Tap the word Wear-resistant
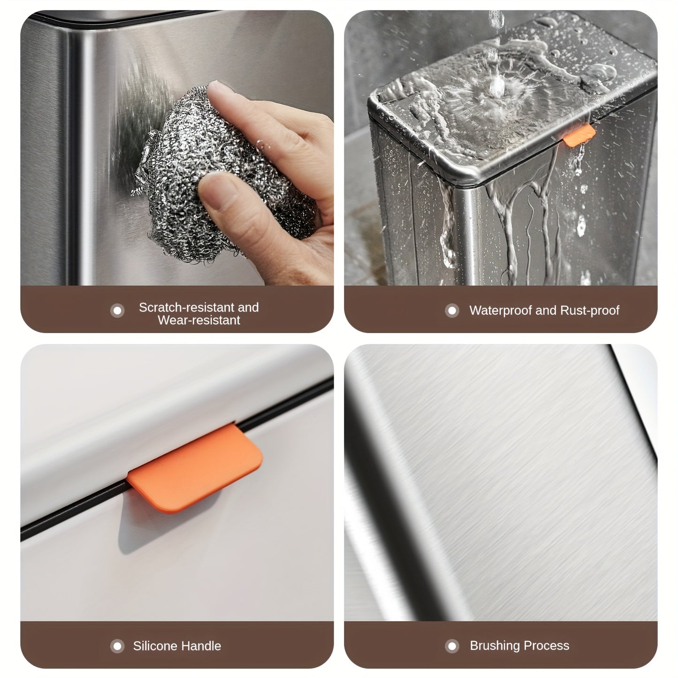(x=199, y=320)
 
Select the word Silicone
(x=154, y=646)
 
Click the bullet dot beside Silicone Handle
(x=117, y=647)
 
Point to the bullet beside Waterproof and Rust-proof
(x=452, y=311)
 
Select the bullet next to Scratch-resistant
(x=117, y=311)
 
